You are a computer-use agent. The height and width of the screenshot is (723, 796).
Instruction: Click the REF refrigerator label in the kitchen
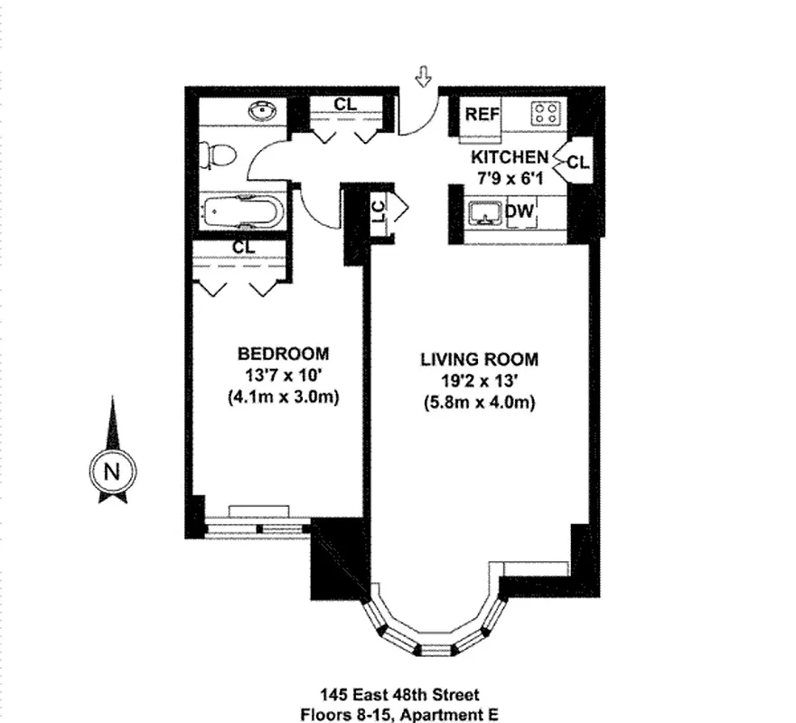[482, 115]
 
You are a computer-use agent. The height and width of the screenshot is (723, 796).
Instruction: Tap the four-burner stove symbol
[545, 114]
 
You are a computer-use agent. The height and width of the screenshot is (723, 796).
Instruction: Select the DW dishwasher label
[520, 213]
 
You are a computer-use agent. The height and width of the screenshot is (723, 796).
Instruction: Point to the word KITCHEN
[508, 156]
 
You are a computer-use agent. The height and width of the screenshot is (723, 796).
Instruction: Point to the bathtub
[241, 213]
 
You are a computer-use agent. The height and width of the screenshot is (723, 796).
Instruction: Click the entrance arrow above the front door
[422, 78]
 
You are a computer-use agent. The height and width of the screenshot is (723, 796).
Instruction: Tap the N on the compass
[112, 471]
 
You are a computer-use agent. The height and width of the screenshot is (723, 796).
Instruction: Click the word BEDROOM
[283, 353]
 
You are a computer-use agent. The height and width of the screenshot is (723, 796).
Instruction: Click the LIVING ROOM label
[479, 359]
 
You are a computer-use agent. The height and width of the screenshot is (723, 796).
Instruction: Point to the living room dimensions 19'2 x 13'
[479, 380]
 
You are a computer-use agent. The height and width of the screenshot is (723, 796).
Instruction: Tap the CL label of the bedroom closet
[243, 246]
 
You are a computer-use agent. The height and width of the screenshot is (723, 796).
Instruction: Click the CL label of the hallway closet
[344, 104]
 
